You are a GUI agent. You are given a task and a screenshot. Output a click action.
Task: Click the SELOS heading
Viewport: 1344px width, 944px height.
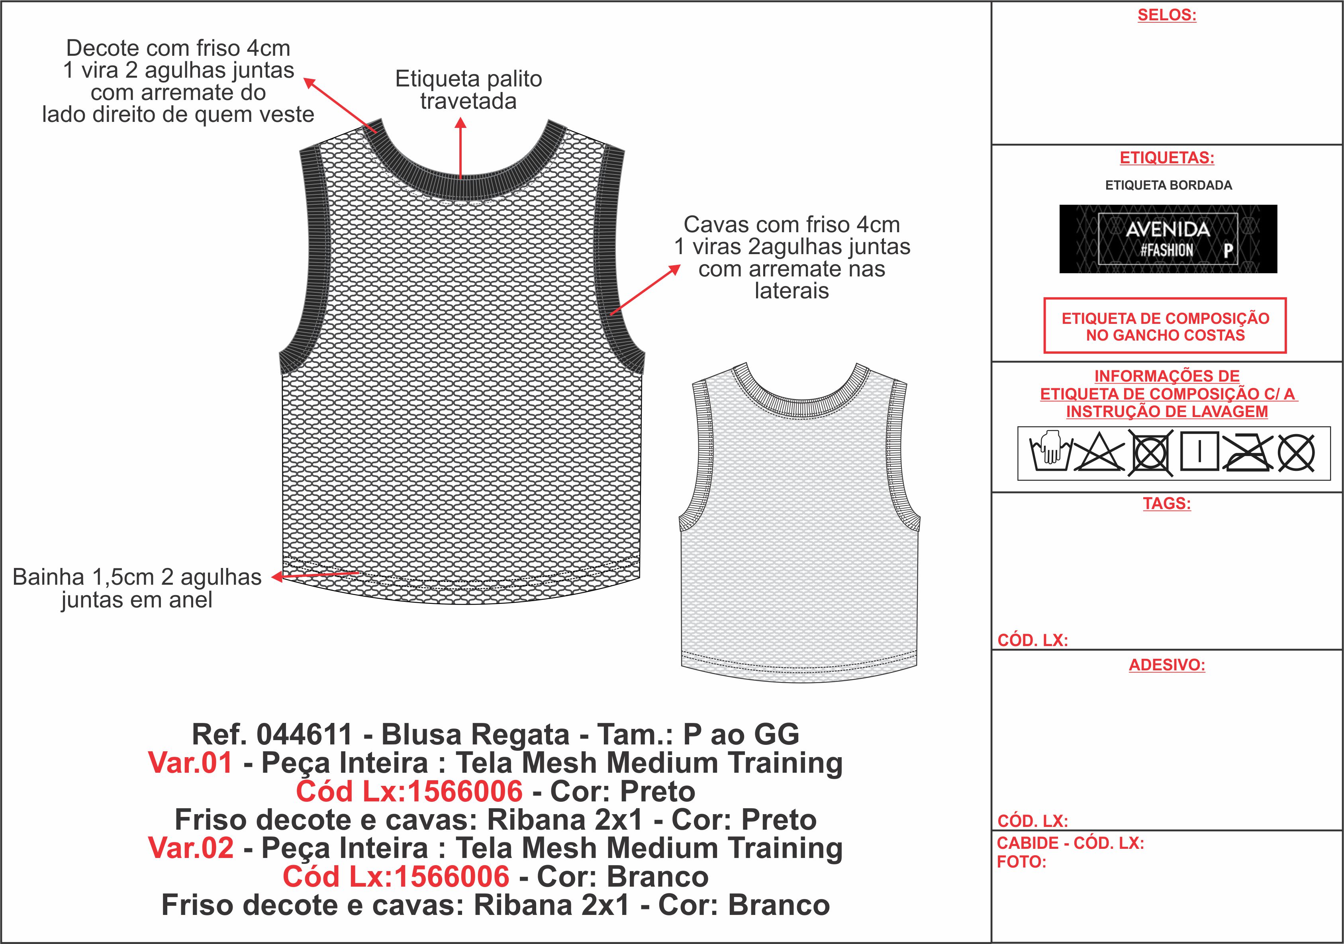point(1167,15)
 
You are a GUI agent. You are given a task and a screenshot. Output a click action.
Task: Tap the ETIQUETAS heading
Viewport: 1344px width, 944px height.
point(1167,158)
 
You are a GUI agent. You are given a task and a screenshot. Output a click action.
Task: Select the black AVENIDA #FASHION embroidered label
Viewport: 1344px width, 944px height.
point(1168,239)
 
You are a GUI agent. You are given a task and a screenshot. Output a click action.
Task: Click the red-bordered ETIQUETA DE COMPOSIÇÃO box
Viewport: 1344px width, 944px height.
point(1165,326)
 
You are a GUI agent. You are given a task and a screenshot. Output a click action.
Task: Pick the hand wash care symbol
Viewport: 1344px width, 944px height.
point(1050,452)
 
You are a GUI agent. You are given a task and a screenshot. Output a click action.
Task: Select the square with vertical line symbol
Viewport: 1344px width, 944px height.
point(1199,452)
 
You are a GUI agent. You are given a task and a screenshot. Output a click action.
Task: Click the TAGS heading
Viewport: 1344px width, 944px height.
point(1167,504)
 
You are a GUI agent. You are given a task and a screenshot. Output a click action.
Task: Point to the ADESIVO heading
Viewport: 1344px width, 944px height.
point(1167,666)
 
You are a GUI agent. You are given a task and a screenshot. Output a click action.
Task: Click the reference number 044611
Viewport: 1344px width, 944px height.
point(304,734)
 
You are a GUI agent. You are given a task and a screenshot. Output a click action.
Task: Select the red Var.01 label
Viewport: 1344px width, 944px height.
point(191,763)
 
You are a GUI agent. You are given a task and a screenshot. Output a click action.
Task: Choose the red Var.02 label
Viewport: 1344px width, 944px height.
point(191,848)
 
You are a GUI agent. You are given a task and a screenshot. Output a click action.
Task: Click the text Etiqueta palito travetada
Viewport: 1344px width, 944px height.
point(468,90)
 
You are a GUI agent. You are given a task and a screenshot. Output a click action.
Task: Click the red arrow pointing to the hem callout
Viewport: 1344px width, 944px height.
point(316,575)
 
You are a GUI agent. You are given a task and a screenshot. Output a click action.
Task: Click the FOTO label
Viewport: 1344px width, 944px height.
point(1021,862)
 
